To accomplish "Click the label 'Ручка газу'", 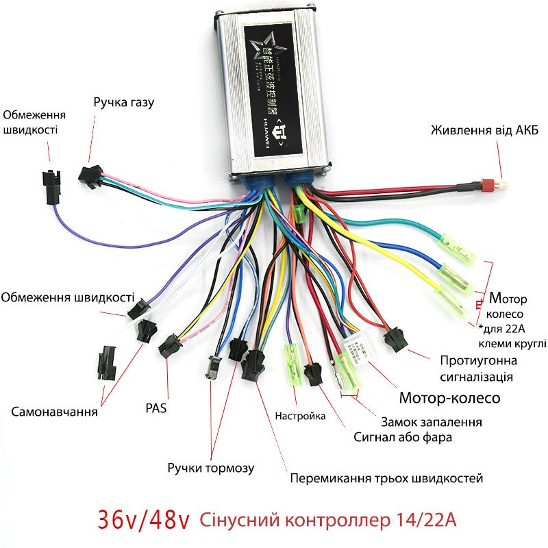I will click(124, 103).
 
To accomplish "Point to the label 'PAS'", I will click(156, 408).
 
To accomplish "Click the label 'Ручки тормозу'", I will click(211, 468).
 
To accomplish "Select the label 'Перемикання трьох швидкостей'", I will click(387, 477).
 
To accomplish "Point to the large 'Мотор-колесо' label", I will click(449, 397).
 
